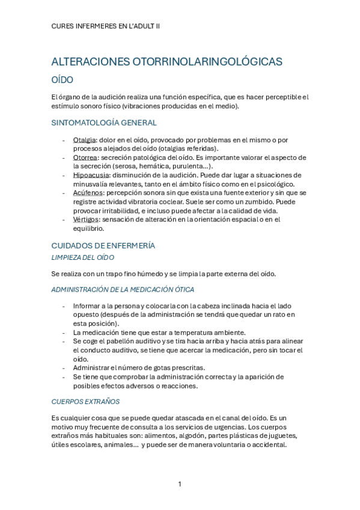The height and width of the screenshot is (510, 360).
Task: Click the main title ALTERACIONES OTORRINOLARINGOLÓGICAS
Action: (x=167, y=62)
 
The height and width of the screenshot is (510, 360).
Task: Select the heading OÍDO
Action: (x=63, y=79)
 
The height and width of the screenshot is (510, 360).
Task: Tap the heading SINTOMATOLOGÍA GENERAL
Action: (x=105, y=123)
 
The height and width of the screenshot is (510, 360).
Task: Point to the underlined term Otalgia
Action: (x=84, y=140)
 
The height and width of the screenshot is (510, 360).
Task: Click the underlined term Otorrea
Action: (x=85, y=158)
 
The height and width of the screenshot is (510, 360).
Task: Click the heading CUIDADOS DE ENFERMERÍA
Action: (x=103, y=245)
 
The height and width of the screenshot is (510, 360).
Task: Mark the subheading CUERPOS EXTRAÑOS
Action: (x=86, y=401)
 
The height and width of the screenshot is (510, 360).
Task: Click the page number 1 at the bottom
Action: (x=180, y=484)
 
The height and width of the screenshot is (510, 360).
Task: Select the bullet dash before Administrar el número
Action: (x=64, y=367)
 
